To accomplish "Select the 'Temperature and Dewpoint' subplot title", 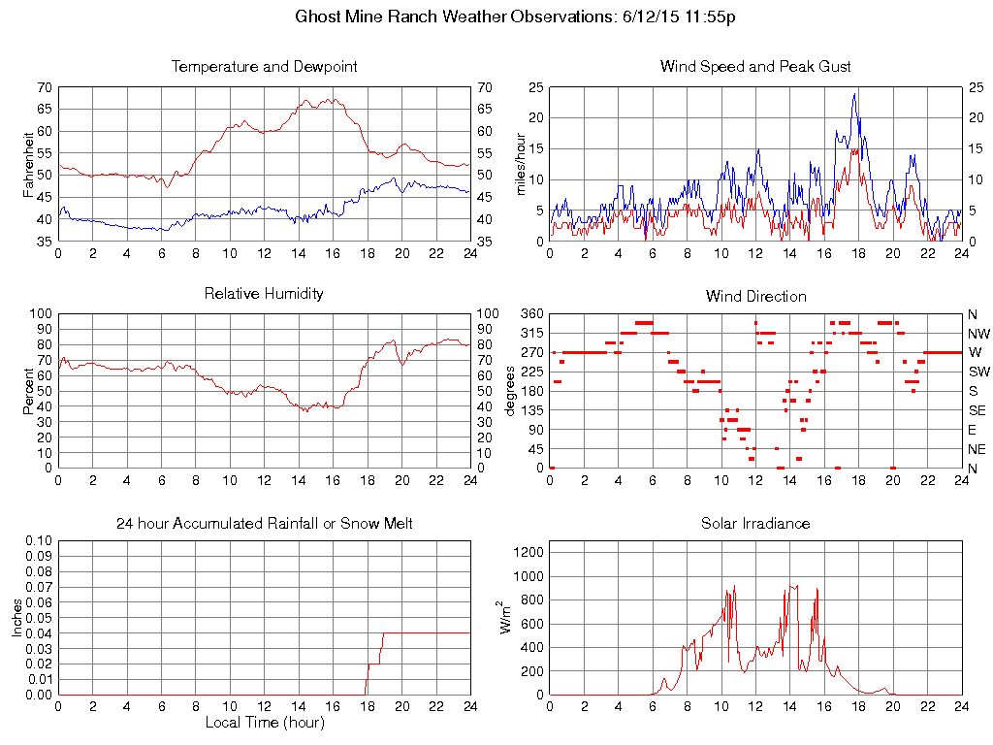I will coord(264,67).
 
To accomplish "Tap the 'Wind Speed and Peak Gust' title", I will coord(755,67).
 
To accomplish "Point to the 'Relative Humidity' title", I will coord(264,293).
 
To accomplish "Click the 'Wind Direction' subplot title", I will coord(755,296).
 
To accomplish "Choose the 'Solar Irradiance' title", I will coord(755,524).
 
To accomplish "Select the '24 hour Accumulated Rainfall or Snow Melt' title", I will coord(264,524).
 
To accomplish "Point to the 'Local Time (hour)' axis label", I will coord(264,723).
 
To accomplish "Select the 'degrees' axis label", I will coord(511,390).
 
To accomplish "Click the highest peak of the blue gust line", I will coord(854,94).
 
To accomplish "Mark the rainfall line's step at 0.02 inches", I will coord(373,664).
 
